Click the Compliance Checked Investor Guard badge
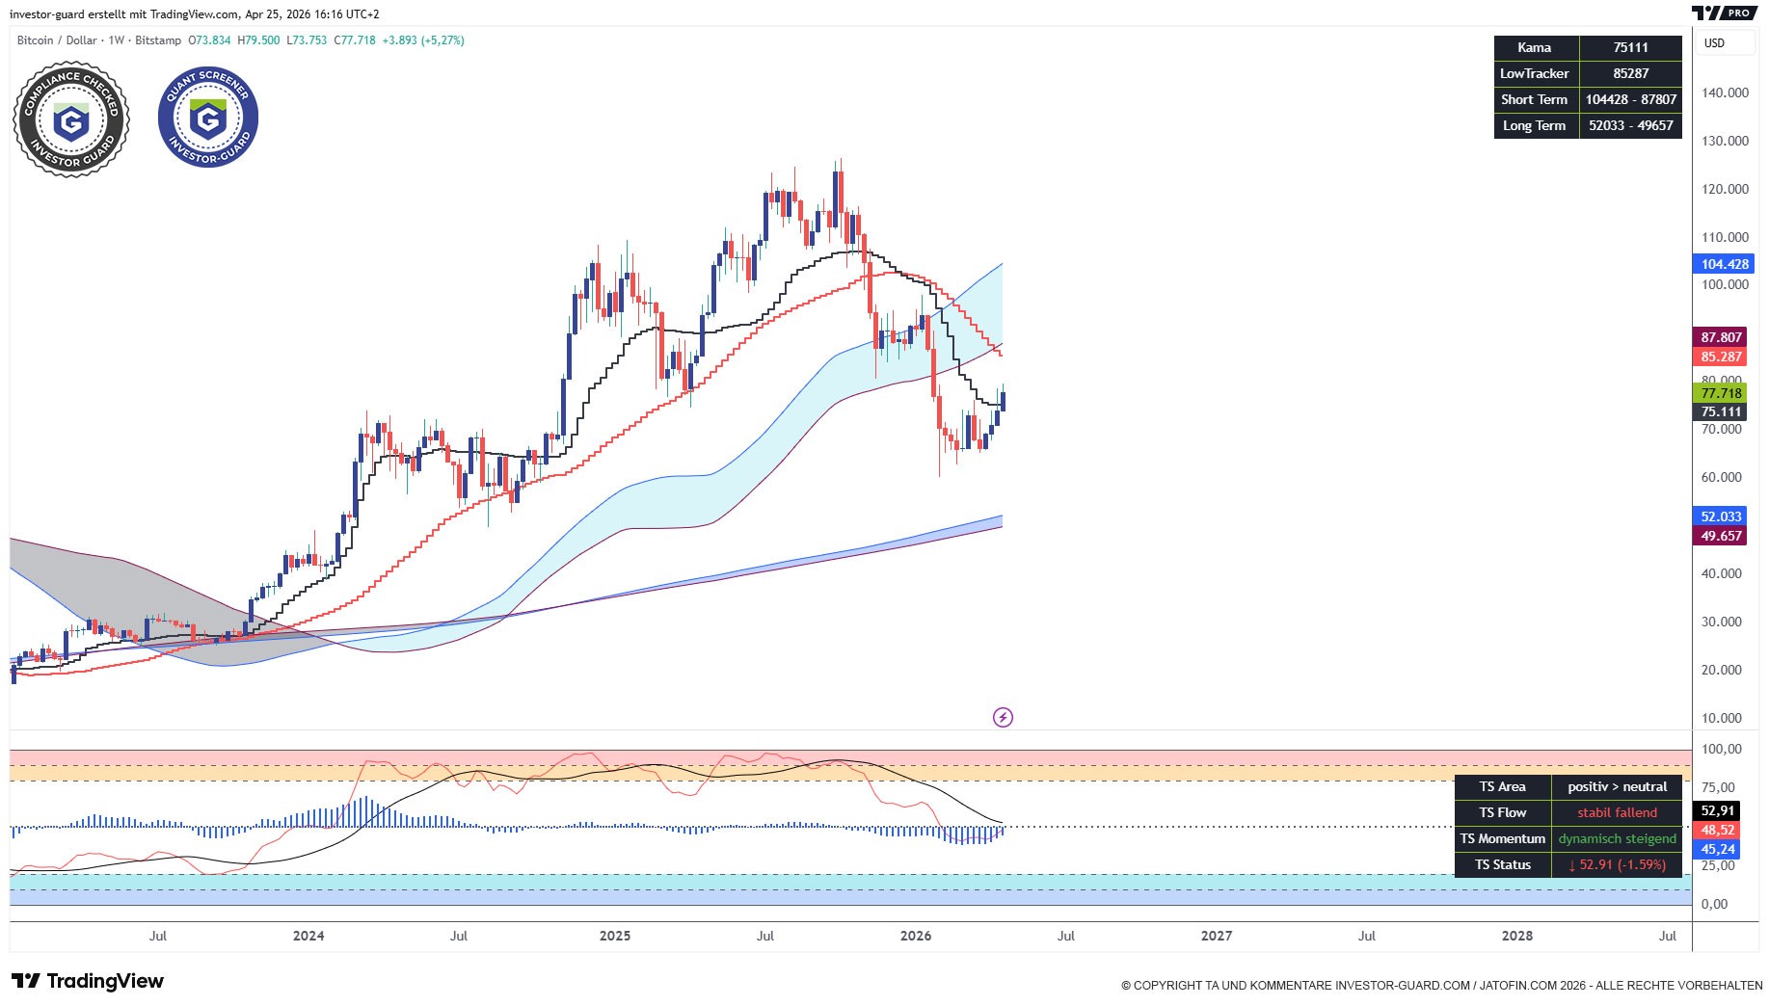pyautogui.click(x=71, y=120)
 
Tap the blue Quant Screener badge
pyautogui.click(x=208, y=117)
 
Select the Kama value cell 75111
pyautogui.click(x=1630, y=47)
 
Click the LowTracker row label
pyautogui.click(x=1535, y=73)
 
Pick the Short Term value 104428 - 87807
pyautogui.click(x=1630, y=99)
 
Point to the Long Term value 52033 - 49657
pyautogui.click(x=1630, y=125)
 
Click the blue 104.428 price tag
pyautogui.click(x=1723, y=264)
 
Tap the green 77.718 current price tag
pyautogui.click(x=1721, y=393)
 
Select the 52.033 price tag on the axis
pyautogui.click(x=1721, y=516)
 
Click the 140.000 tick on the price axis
pyautogui.click(x=1725, y=93)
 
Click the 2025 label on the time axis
pyautogui.click(x=615, y=936)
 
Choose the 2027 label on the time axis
pyautogui.click(x=1217, y=936)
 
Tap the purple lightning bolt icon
pyautogui.click(x=1003, y=717)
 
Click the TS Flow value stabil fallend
pyautogui.click(x=1617, y=812)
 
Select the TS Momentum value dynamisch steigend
pyautogui.click(x=1617, y=838)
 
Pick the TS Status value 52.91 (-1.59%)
pyautogui.click(x=1617, y=864)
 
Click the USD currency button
pyautogui.click(x=1714, y=42)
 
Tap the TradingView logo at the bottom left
pyautogui.click(x=88, y=981)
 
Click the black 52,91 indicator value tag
pyautogui.click(x=1718, y=811)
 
